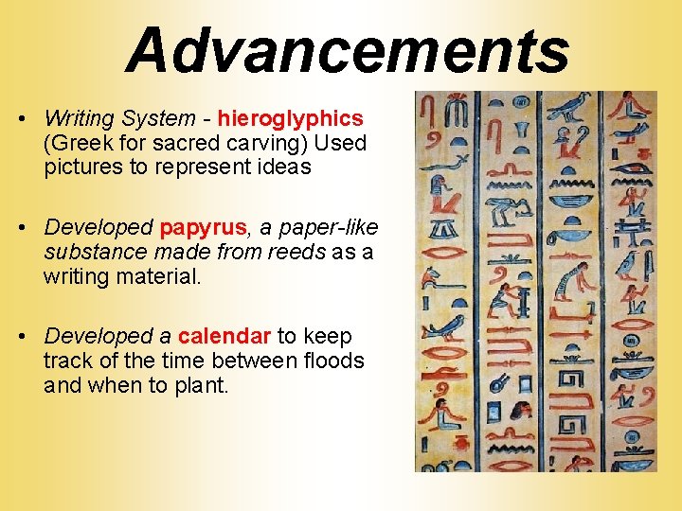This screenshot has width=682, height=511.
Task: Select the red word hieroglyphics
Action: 291,118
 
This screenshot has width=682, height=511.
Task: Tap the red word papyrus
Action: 204,227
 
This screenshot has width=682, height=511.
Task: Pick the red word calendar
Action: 224,336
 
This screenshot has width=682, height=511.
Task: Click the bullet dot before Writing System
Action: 20,119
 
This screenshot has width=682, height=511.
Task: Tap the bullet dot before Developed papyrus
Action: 20,228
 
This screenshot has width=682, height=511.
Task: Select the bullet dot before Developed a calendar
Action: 20,337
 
